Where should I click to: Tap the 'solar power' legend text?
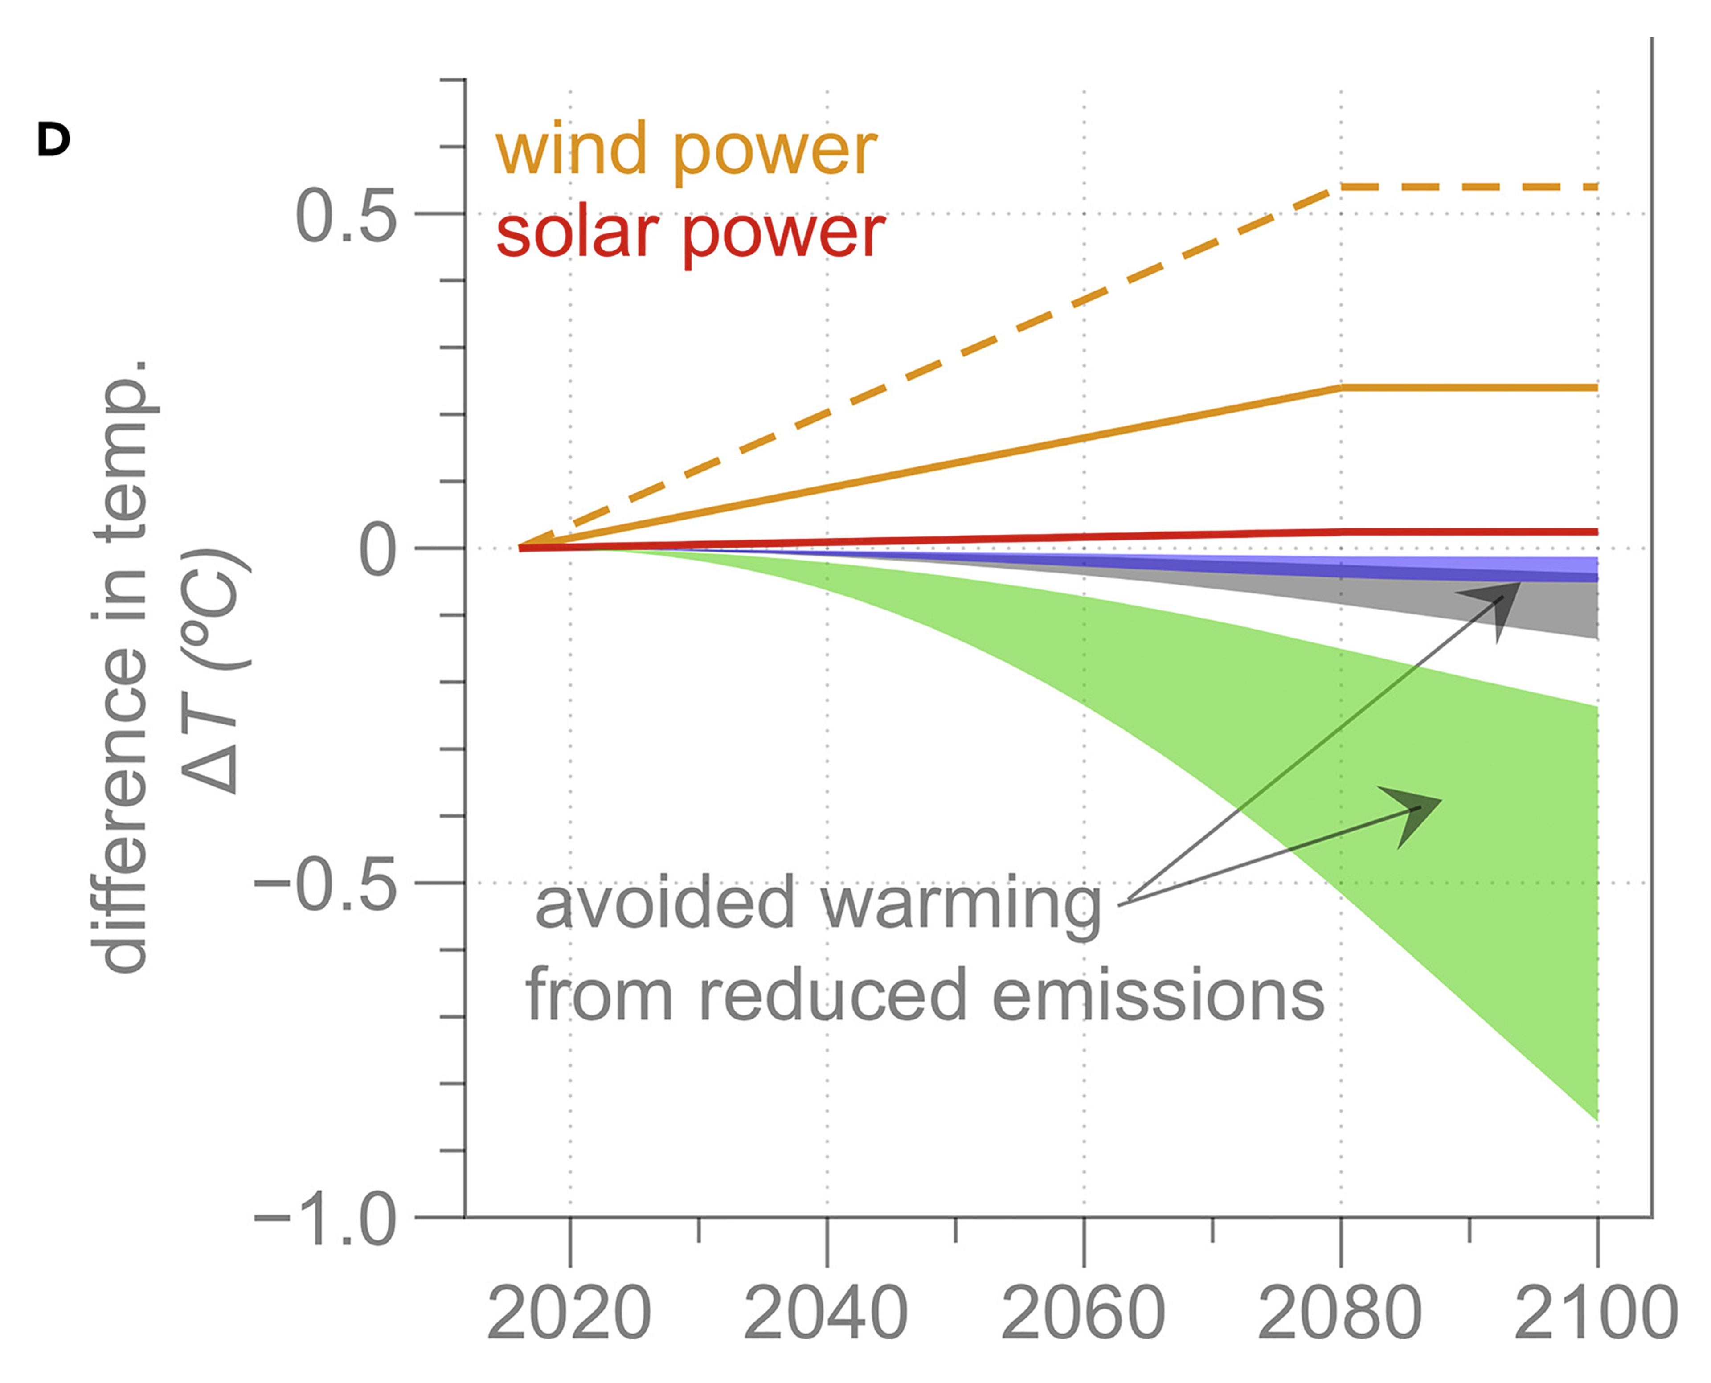tap(690, 234)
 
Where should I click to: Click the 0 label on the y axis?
tap(377, 551)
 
